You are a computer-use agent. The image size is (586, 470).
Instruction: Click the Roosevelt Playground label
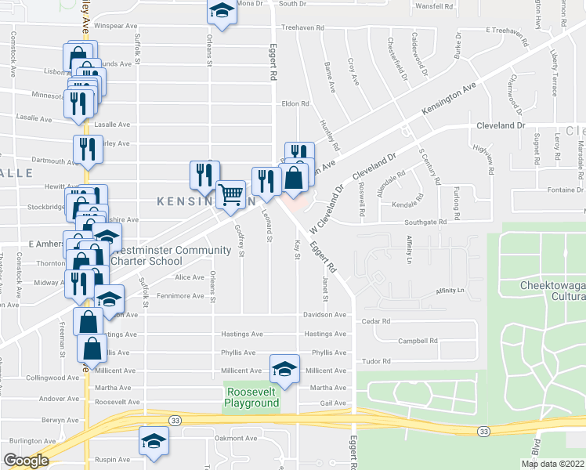pyautogui.click(x=251, y=397)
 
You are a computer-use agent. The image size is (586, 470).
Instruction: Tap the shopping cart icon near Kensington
pyautogui.click(x=231, y=194)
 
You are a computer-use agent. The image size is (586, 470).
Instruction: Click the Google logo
pyautogui.click(x=26, y=461)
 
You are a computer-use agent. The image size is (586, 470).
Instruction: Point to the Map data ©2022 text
pyautogui.click(x=552, y=464)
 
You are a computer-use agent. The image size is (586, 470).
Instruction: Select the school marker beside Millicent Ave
pyautogui.click(x=285, y=368)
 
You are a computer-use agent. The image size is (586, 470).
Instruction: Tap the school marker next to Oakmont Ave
pyautogui.click(x=154, y=441)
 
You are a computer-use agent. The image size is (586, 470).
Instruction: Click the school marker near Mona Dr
pyautogui.click(x=222, y=11)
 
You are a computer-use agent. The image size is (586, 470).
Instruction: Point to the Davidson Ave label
pyautogui.click(x=325, y=315)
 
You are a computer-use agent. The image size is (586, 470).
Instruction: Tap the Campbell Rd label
pyautogui.click(x=418, y=341)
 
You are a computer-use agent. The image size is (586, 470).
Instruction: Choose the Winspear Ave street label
pyautogui.click(x=115, y=26)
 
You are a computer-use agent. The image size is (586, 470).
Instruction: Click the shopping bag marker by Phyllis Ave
pyautogui.click(x=92, y=349)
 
